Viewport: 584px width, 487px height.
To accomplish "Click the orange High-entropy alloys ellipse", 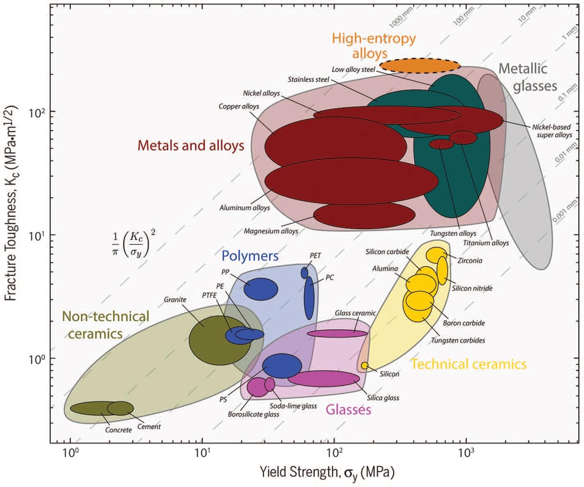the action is click(420, 66).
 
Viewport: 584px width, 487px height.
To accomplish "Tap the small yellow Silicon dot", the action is click(364, 365).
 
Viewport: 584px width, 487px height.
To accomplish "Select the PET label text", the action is click(315, 256).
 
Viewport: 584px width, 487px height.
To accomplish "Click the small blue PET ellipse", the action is click(304, 273).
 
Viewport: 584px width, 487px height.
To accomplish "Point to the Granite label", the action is click(175, 299).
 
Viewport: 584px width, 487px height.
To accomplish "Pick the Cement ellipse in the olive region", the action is click(120, 408).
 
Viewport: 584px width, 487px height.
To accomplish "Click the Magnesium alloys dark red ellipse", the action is click(364, 215).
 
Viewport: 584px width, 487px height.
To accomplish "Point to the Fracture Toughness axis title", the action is click(11, 203).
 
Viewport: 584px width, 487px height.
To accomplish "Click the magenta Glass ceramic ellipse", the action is click(337, 333).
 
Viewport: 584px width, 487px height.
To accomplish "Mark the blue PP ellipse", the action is click(261, 289).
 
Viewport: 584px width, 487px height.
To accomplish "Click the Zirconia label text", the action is click(470, 260).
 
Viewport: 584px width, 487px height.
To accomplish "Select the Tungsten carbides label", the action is click(458, 340).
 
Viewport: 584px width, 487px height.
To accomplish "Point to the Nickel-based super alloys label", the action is click(552, 131).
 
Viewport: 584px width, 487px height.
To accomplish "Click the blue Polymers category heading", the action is click(250, 256).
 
